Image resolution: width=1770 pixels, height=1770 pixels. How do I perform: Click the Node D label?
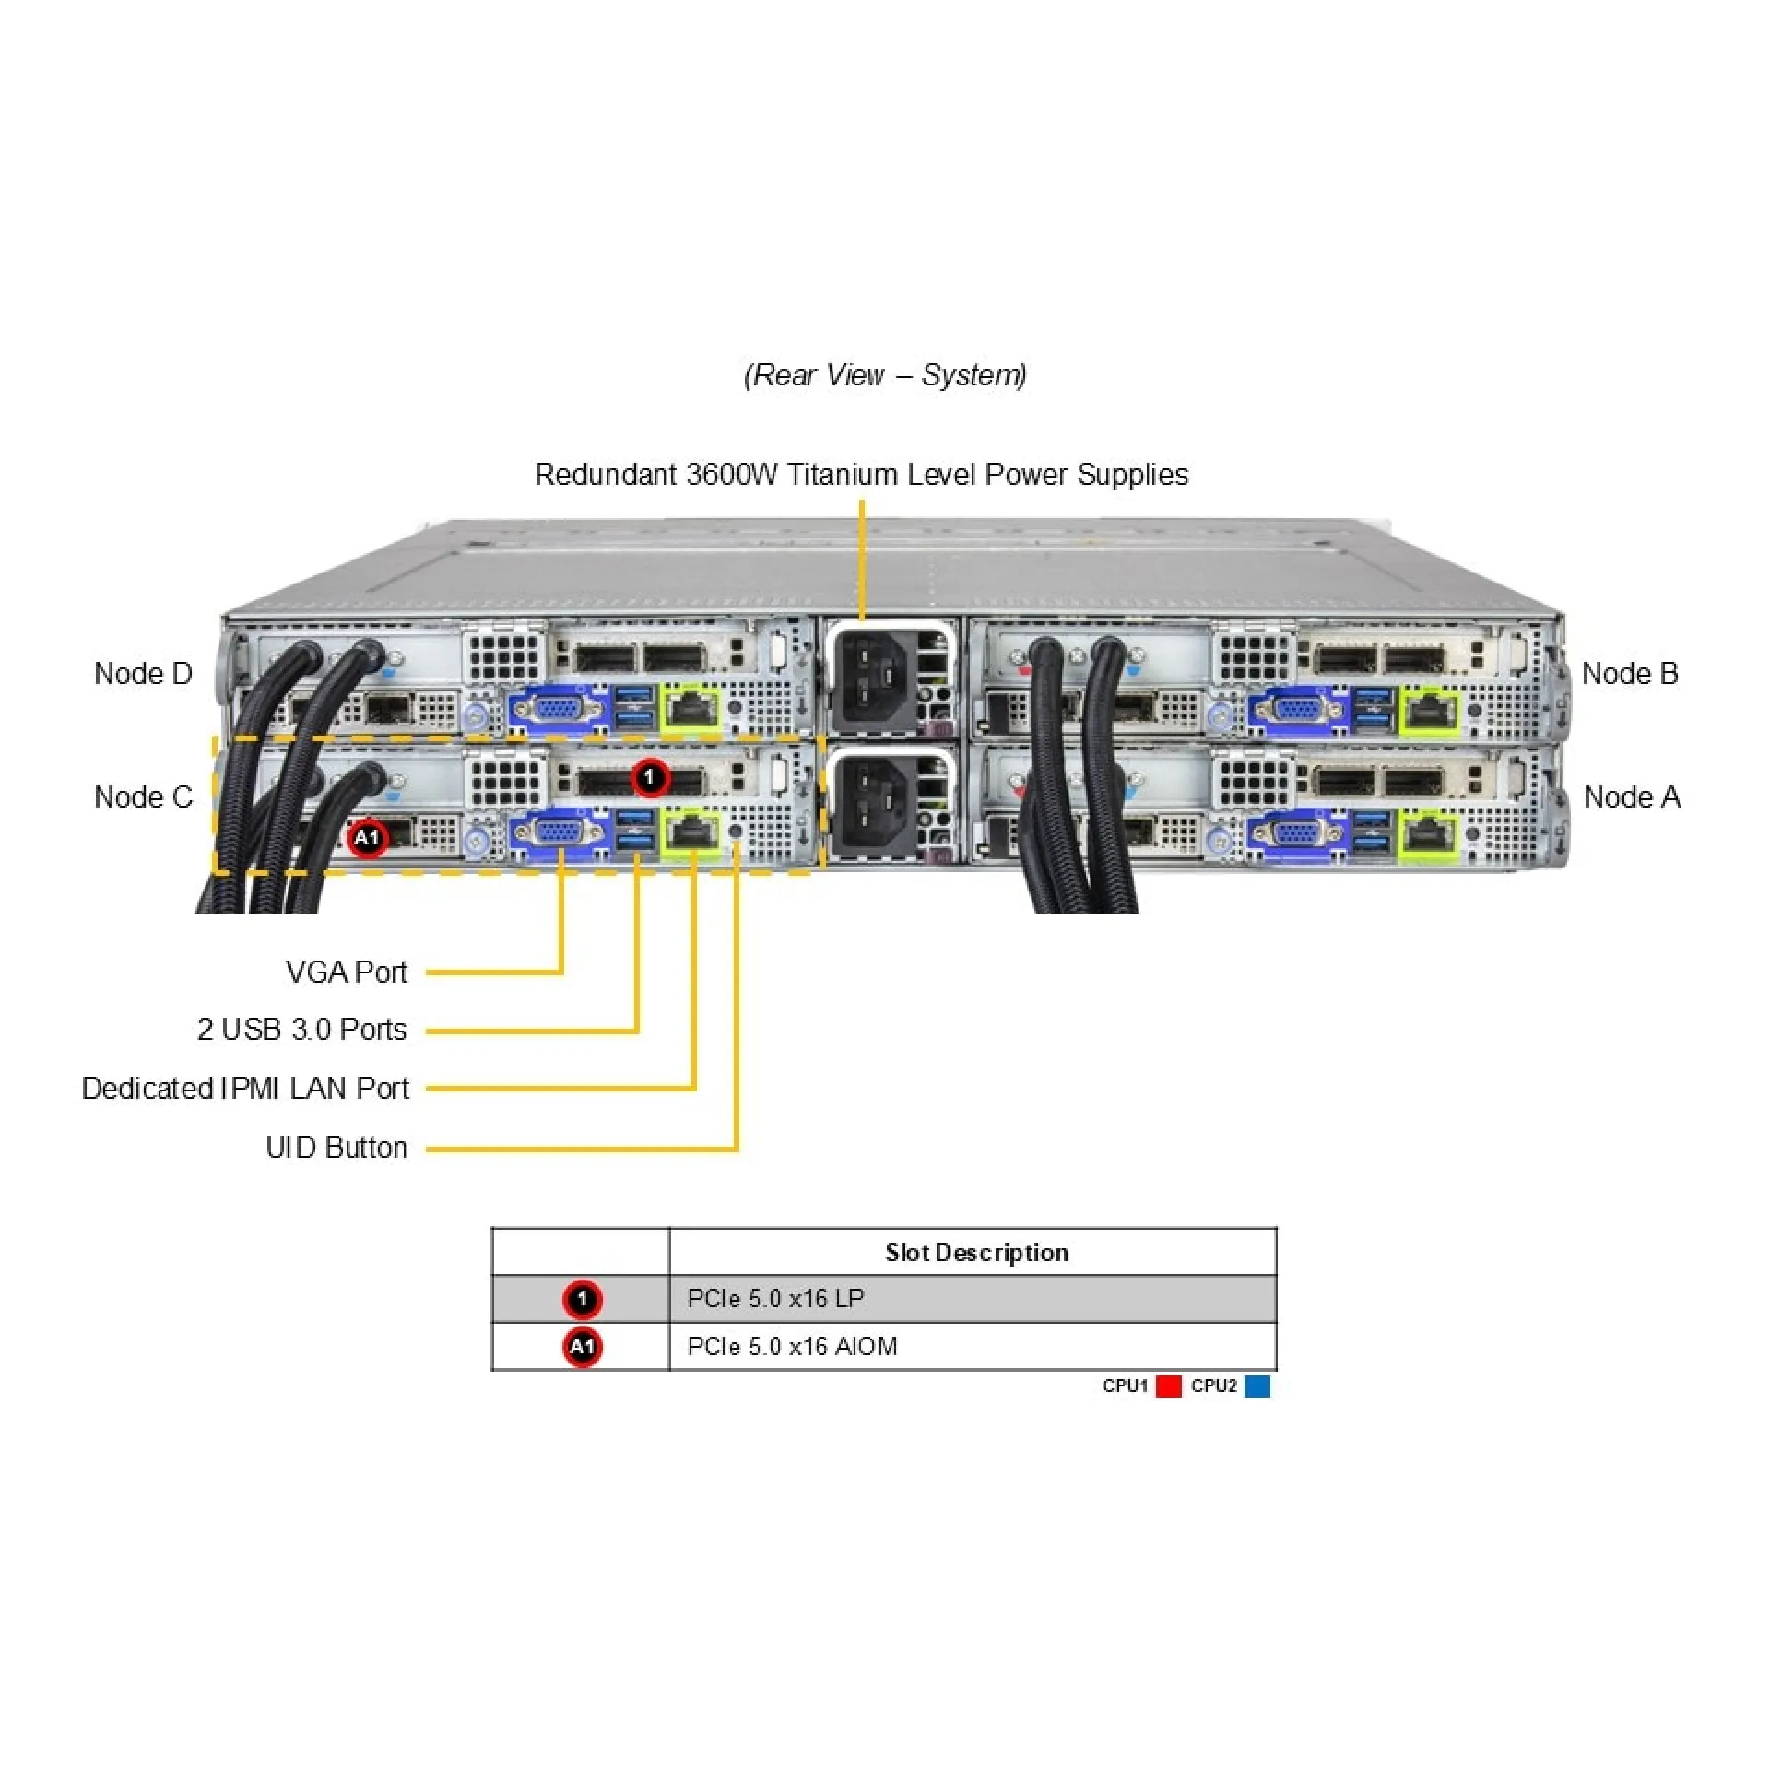(143, 674)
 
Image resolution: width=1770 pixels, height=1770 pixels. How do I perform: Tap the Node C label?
(143, 797)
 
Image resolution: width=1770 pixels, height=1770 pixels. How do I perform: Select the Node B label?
(1630, 674)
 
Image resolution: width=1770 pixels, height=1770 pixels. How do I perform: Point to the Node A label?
(1632, 797)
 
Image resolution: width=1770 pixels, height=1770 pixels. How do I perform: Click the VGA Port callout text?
(346, 973)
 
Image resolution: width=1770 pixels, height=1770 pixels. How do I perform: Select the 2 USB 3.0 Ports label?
(301, 1030)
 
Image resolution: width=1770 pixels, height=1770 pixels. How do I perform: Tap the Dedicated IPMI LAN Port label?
(245, 1089)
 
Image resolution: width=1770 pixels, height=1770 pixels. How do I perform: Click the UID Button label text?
(336, 1148)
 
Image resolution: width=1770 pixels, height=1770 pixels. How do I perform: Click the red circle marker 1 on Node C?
(650, 778)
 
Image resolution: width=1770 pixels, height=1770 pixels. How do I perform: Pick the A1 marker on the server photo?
(367, 838)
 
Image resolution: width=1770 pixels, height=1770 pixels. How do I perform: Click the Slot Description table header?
(976, 1253)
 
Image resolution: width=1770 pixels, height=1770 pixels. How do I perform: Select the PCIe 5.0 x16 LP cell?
(775, 1299)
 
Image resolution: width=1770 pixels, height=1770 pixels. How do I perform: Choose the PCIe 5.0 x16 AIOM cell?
(792, 1347)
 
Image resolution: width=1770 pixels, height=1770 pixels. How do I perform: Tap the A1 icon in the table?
(582, 1348)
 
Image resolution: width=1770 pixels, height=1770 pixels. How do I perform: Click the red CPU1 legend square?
(1168, 1386)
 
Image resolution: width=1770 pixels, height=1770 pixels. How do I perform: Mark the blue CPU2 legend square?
(1257, 1386)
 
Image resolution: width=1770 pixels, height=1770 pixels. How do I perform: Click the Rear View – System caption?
(885, 375)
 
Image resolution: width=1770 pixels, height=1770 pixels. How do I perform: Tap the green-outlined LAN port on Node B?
(1430, 711)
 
